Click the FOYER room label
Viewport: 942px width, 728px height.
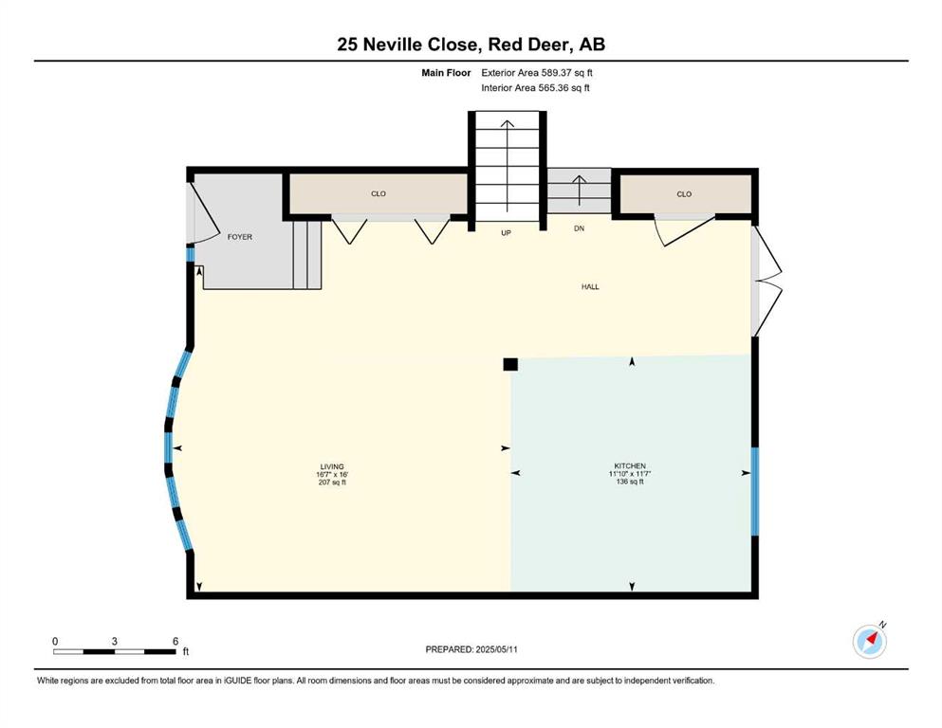tap(240, 237)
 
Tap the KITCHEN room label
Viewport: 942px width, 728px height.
tap(630, 465)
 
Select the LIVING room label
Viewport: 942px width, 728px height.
tap(332, 466)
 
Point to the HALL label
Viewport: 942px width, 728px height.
tap(590, 287)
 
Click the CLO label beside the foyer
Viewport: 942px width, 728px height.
tap(379, 194)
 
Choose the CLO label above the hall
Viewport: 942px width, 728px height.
tap(684, 194)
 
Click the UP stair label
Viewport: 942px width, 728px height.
tap(506, 233)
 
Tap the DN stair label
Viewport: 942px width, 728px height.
tap(579, 228)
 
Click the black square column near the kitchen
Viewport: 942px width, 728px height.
tap(510, 364)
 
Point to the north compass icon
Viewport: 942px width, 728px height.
tap(869, 641)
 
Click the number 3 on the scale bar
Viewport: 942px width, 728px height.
tap(114, 642)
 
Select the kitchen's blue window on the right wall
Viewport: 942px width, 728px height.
tap(755, 491)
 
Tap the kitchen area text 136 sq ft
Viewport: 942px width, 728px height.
tap(630, 482)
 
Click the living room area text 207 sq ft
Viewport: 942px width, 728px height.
tap(332, 482)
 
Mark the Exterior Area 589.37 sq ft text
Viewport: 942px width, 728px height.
tap(537, 73)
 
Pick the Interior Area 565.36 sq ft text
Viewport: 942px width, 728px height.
tap(535, 88)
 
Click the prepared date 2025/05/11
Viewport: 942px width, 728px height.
tap(496, 649)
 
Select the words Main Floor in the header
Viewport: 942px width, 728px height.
tap(446, 73)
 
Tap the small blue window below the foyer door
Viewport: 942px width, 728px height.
tap(191, 255)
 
